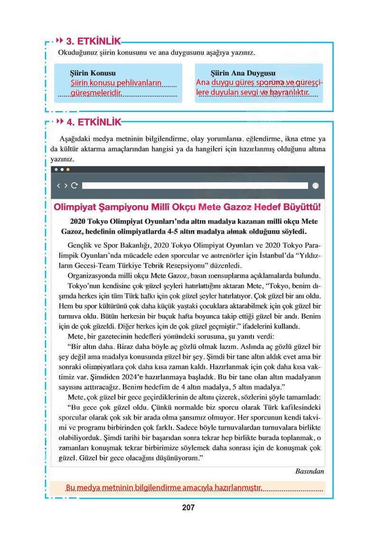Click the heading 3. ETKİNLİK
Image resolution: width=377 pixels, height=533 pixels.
point(93,41)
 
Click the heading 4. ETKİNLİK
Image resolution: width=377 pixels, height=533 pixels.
point(93,122)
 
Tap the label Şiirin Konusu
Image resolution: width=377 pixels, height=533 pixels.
point(93,74)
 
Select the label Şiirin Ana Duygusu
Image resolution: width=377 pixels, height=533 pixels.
point(243,74)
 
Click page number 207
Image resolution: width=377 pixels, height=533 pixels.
point(188,507)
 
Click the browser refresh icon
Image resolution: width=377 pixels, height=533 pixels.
point(74,186)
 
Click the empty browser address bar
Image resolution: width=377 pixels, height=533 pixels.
point(195,186)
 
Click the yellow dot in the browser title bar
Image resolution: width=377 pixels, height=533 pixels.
point(68,169)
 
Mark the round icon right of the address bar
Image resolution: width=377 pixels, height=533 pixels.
point(316,186)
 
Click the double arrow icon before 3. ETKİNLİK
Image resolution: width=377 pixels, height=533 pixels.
point(60,40)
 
